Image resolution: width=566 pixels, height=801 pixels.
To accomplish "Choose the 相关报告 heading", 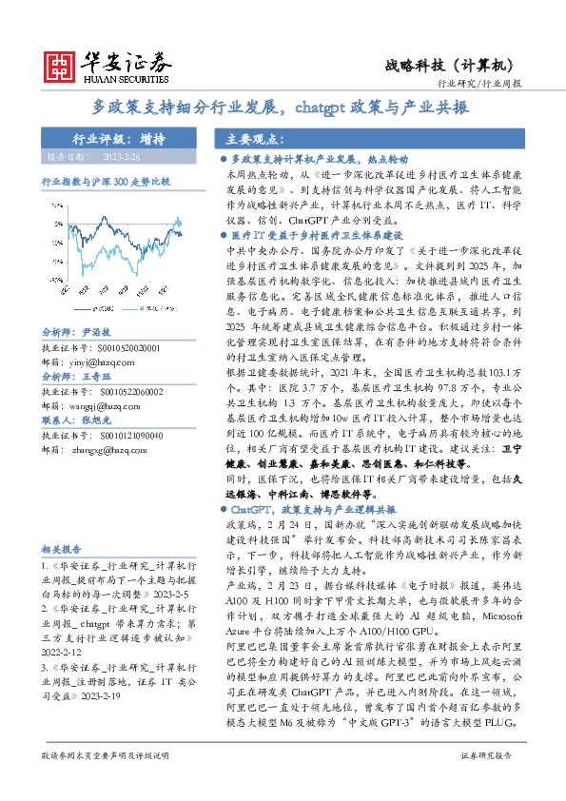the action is (x=63, y=550).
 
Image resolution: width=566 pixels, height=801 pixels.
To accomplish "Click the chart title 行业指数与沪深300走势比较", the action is (x=105, y=180).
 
